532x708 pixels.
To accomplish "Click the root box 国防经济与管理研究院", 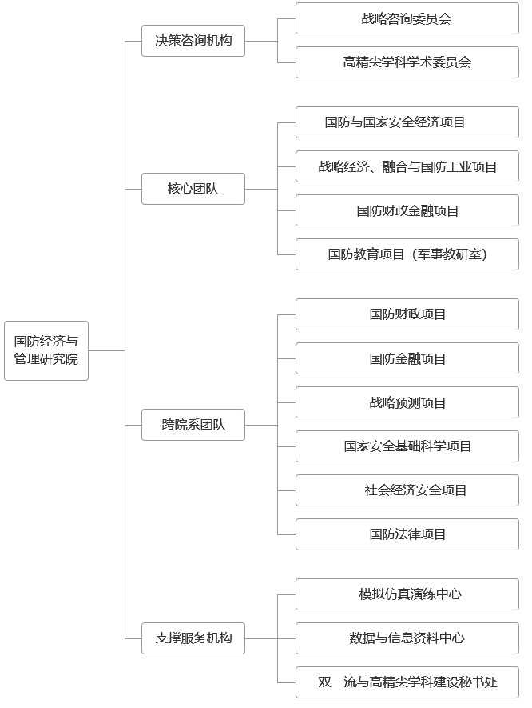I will coord(46,350).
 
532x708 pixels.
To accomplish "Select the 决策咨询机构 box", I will coord(193,40).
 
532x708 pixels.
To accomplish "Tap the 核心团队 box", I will coord(193,189).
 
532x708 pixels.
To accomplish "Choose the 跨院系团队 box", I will coord(193,424).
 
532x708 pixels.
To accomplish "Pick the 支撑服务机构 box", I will coord(193,638).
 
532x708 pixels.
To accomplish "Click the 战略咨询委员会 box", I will coord(407,18).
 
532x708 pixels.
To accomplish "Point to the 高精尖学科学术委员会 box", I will coord(407,62).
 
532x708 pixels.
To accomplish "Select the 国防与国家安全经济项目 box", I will coord(407,122).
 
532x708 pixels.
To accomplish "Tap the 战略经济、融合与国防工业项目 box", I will coord(407,166).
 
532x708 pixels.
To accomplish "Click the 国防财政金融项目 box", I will coord(407,210).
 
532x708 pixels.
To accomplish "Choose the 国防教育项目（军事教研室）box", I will coord(407,254).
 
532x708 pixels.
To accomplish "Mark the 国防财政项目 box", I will coord(407,314).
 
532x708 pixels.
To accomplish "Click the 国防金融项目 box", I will coord(407,358).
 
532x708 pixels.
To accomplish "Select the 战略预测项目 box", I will coord(407,402).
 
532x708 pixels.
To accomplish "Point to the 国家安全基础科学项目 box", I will coord(407,446).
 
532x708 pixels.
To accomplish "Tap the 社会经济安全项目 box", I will coord(407,490).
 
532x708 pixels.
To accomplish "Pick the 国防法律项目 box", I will coord(407,534).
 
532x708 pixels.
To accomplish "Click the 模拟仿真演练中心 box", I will coord(407,594).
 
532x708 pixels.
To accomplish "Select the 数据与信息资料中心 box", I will coord(407,638).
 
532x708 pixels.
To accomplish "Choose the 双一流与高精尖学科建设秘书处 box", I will coord(407,682).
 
